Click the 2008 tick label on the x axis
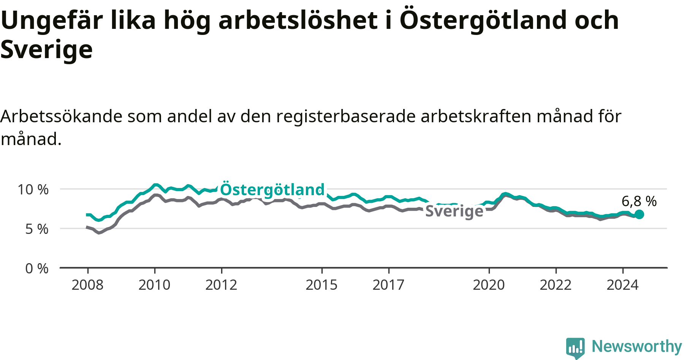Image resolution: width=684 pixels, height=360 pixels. (87, 285)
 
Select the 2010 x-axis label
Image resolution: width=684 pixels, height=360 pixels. (154, 285)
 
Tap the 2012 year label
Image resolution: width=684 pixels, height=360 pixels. (221, 285)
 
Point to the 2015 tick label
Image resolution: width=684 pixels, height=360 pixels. (321, 285)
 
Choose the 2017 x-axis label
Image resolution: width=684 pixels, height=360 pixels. (388, 285)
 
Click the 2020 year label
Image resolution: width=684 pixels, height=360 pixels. (489, 285)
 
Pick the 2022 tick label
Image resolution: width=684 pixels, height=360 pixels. (556, 285)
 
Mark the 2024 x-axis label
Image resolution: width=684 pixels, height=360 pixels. (622, 285)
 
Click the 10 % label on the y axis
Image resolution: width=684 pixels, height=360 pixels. (33, 189)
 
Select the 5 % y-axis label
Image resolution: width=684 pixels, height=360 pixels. (37, 229)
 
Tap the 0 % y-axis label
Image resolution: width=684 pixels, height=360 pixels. (37, 268)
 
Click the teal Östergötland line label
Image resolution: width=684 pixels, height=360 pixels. (272, 189)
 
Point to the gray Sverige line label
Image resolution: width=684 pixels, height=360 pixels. (454, 211)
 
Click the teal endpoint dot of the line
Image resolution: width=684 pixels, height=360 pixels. (639, 214)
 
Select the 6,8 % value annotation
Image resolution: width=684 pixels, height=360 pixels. (639, 201)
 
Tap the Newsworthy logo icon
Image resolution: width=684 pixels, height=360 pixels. (575, 348)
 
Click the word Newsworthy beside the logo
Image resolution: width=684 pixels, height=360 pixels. (637, 346)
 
